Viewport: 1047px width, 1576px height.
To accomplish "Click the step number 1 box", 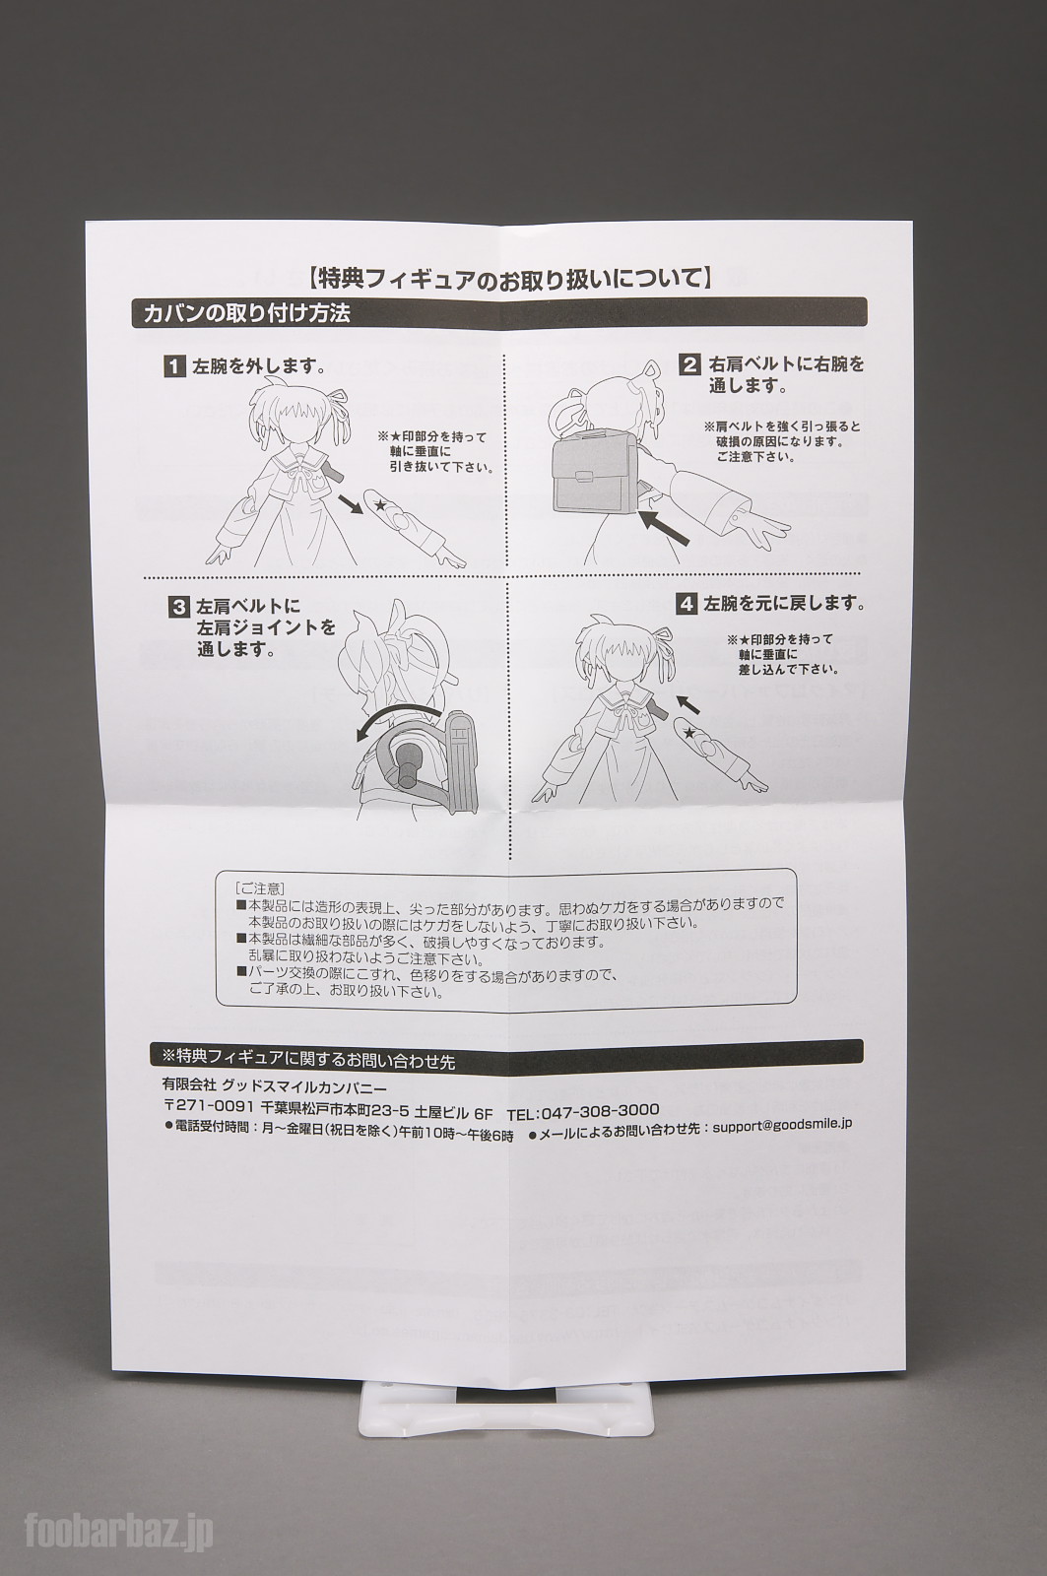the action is [172, 368].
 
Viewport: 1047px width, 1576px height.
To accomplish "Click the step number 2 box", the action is [689, 365].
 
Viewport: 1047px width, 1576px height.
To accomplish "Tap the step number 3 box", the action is [178, 606].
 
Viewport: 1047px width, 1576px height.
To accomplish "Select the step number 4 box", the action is [687, 604].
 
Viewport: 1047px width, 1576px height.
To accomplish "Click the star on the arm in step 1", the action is [380, 503].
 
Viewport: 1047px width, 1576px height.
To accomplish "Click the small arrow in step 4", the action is [689, 703].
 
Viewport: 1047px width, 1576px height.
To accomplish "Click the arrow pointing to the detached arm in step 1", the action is [352, 503].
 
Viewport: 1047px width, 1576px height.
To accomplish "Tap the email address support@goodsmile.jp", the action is [782, 1124].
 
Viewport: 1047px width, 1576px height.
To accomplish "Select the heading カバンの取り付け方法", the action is [246, 314].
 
